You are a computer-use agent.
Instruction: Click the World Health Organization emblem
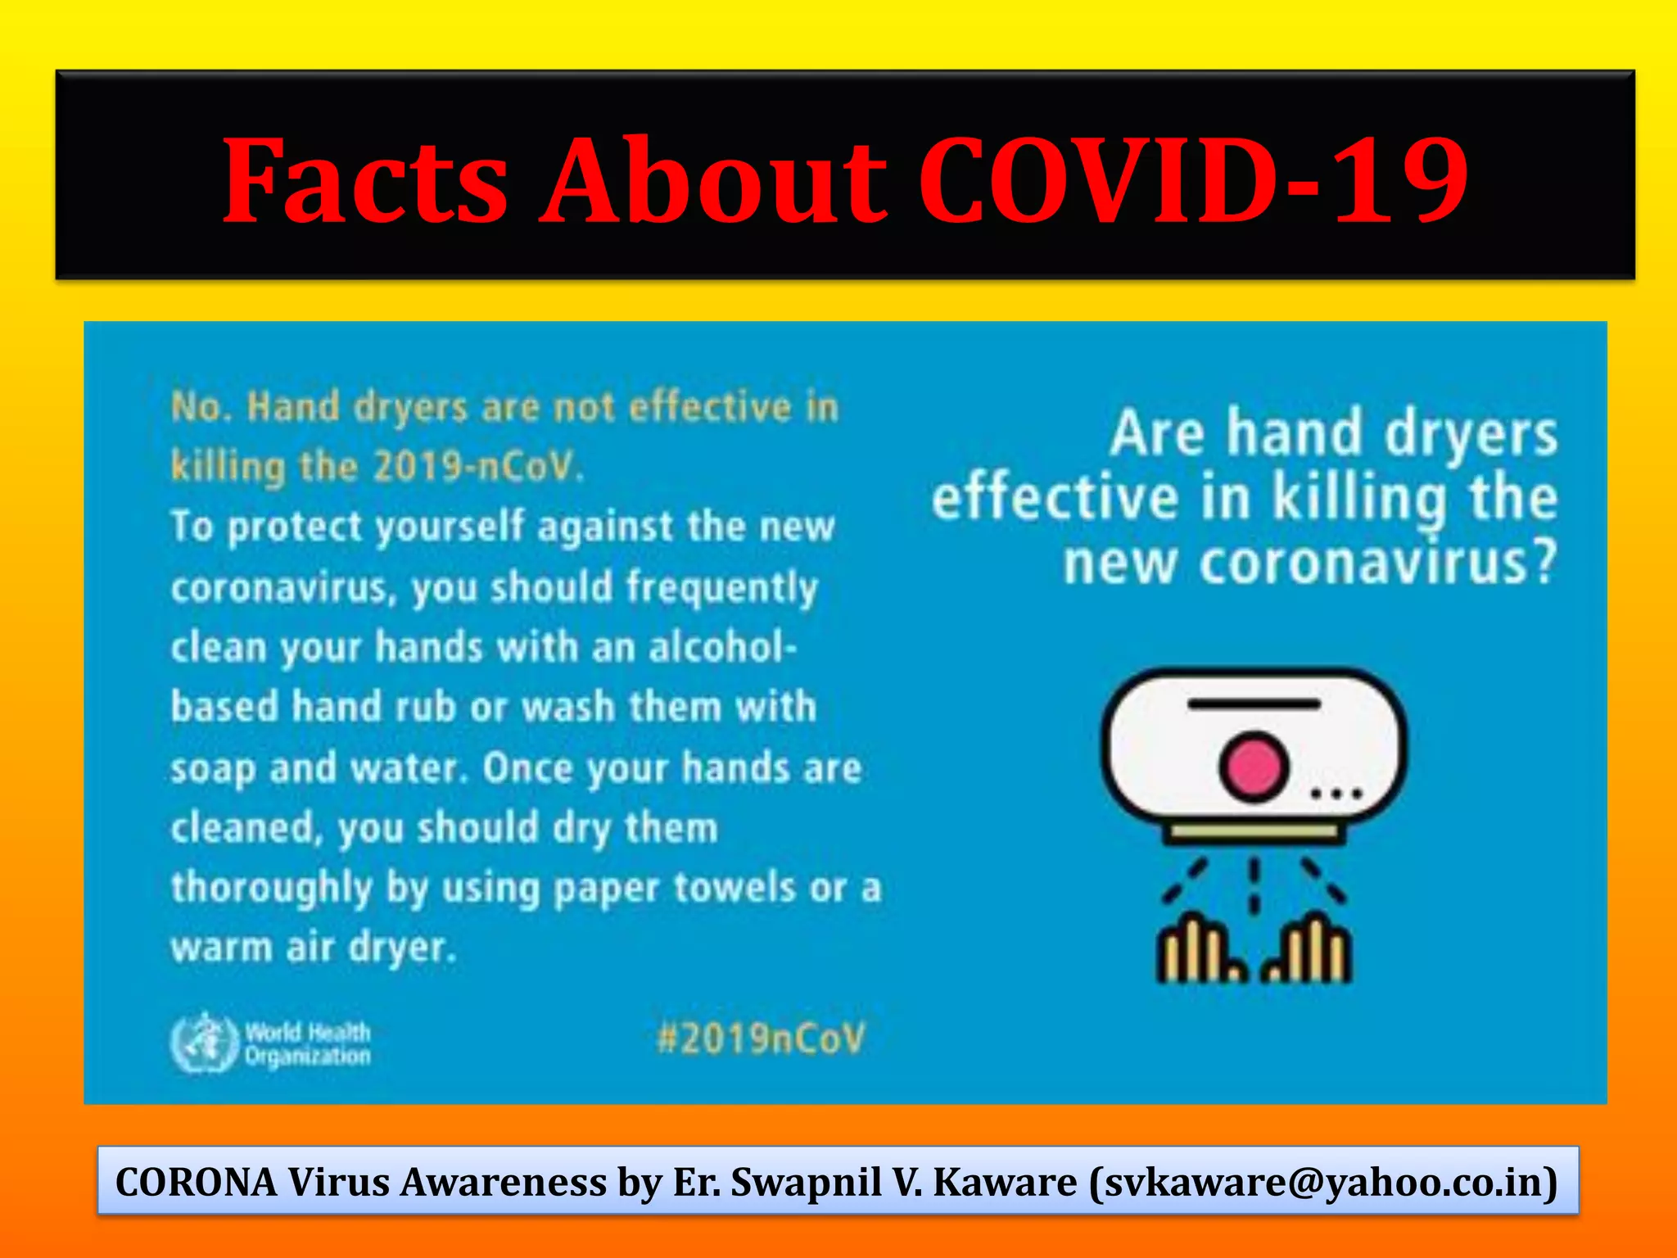201,1043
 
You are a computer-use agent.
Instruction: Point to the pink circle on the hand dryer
1252,767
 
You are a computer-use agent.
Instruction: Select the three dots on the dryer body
1336,793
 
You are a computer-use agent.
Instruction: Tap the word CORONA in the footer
197,1182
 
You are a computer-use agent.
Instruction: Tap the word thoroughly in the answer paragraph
271,888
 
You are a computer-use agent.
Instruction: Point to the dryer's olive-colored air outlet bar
1254,833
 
